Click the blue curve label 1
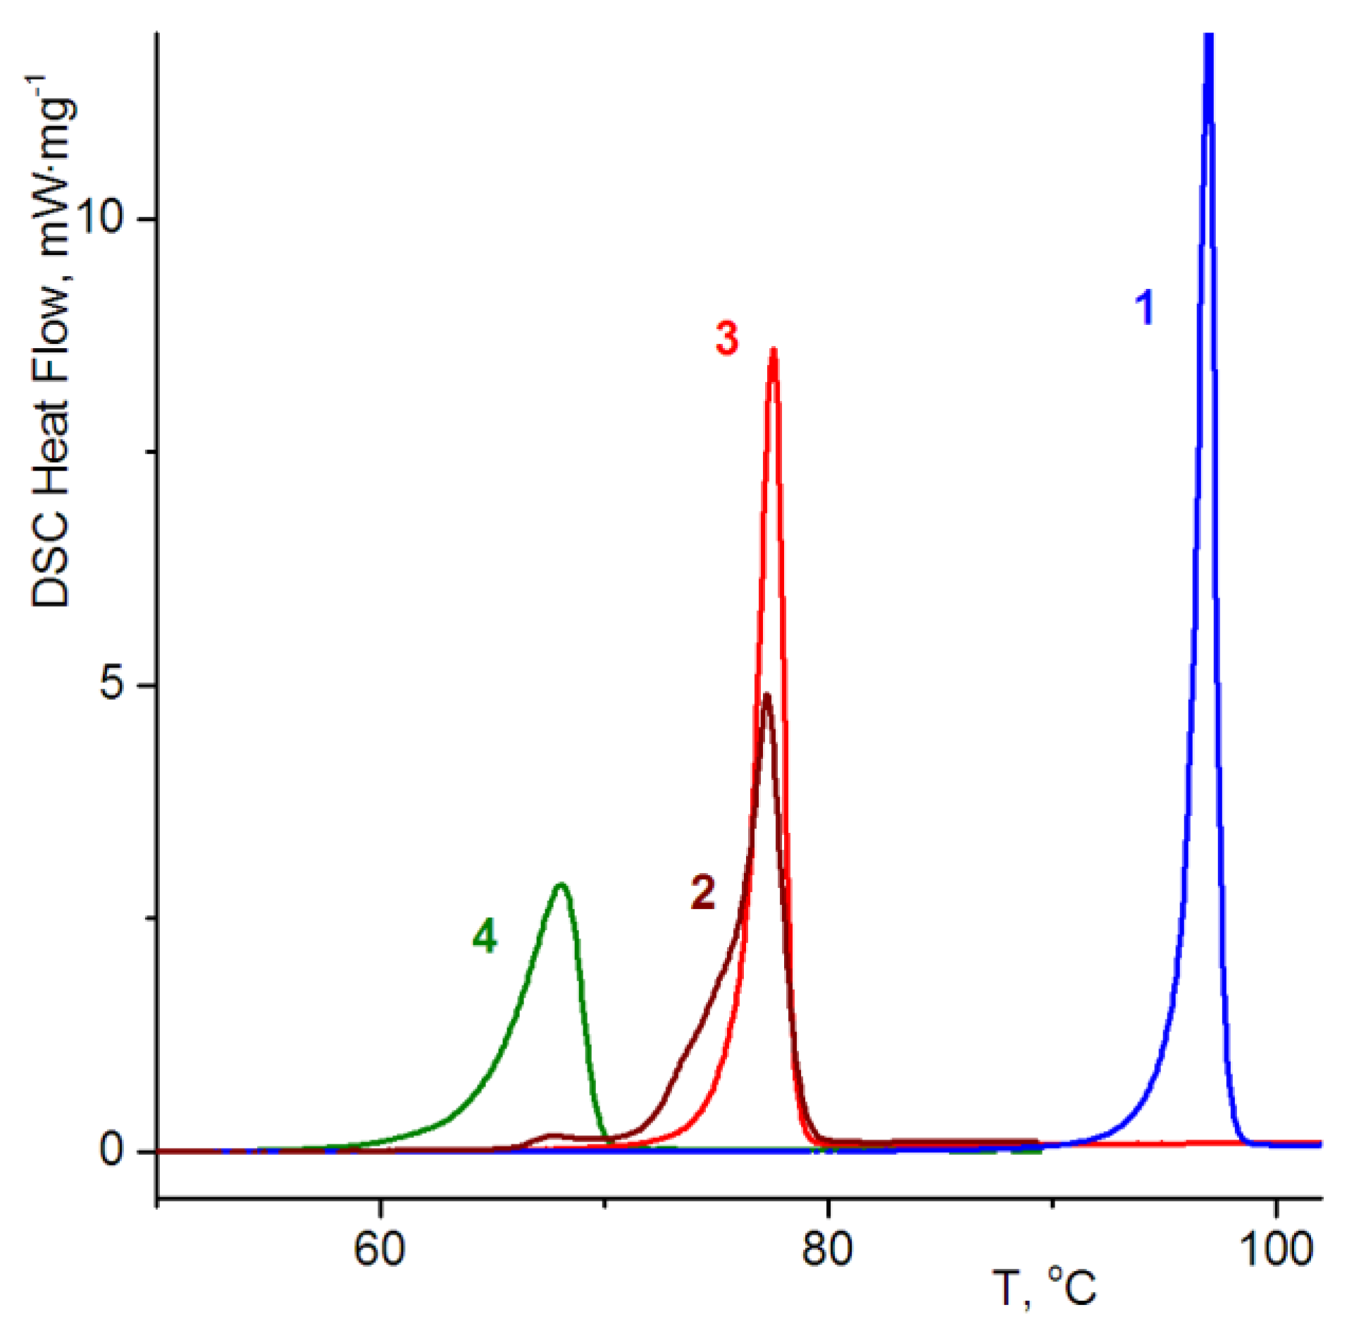[1145, 308]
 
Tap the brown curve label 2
[702, 892]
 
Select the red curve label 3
[727, 338]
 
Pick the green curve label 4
[485, 936]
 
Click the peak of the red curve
[774, 350]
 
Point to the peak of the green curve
[561, 884]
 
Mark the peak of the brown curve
[766, 695]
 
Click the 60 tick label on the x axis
[380, 1249]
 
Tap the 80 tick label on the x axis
[827, 1249]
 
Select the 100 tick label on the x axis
[1276, 1249]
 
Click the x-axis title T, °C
[1047, 1288]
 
